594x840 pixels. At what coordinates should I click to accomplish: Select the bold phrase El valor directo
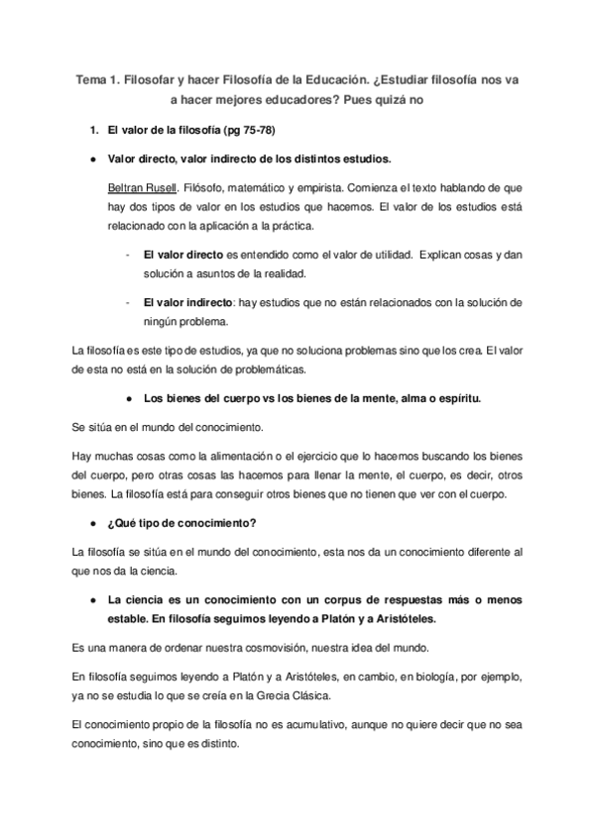click(x=183, y=255)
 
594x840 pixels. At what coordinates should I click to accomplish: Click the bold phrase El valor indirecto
click(x=188, y=301)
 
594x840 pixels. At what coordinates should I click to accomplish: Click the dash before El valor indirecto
click(x=129, y=301)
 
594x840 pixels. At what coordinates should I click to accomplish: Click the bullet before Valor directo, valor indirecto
click(x=92, y=158)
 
